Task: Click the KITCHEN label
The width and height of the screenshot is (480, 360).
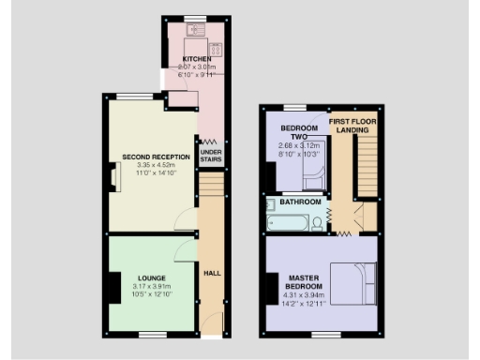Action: (x=197, y=59)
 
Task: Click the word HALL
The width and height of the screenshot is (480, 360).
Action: (x=212, y=274)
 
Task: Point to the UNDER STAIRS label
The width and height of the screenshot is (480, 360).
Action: (x=211, y=157)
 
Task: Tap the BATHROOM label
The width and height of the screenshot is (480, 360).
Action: (x=301, y=202)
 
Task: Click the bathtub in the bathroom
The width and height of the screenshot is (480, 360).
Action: (x=286, y=223)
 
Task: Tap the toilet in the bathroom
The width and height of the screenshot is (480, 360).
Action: (x=318, y=222)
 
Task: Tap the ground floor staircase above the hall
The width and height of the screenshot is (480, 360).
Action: (x=211, y=196)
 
